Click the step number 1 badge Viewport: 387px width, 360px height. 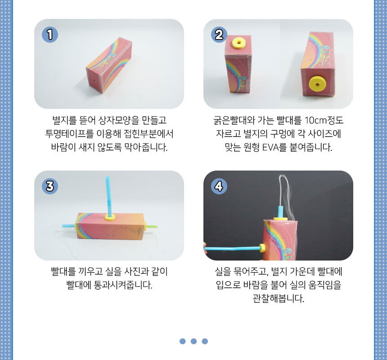coord(50,35)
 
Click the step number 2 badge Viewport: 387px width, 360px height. coord(219,35)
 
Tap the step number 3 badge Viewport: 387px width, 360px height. coord(50,186)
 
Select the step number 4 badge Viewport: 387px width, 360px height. coord(219,186)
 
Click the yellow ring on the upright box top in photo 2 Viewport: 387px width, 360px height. coord(239,43)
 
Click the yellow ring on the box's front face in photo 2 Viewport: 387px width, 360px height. coord(317,84)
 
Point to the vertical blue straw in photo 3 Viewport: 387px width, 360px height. coord(108,196)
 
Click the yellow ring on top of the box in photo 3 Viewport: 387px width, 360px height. coord(110,217)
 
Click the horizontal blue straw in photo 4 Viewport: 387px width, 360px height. coord(233,248)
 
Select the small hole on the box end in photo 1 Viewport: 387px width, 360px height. coord(94,80)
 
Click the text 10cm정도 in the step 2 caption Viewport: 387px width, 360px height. coord(324,121)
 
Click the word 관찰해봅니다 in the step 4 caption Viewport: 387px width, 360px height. coord(278,298)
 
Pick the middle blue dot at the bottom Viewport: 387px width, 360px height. coord(194,341)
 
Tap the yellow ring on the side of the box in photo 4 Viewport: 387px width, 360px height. coord(263,248)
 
